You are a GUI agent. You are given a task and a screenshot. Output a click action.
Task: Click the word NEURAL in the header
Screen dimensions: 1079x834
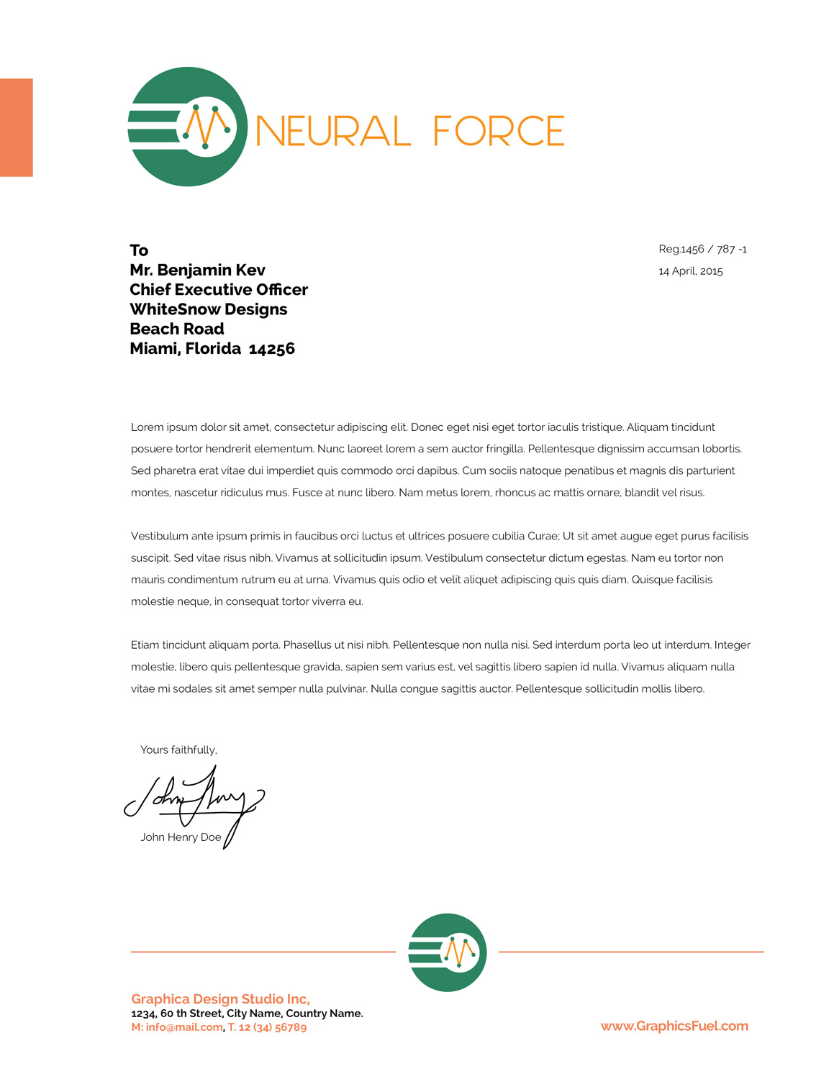(x=333, y=131)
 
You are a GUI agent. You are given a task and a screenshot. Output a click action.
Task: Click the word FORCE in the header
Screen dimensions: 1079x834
(x=499, y=131)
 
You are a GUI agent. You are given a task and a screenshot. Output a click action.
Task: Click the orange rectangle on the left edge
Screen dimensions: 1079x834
(x=16, y=127)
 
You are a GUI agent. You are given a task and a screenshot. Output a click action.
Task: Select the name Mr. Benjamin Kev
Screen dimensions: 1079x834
(x=197, y=270)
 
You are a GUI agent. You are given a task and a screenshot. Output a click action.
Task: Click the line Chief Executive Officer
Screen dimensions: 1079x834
(x=219, y=290)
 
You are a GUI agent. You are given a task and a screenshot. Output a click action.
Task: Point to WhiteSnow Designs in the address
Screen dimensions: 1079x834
(x=209, y=309)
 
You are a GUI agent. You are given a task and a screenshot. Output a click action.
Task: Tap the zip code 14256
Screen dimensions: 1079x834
(x=272, y=349)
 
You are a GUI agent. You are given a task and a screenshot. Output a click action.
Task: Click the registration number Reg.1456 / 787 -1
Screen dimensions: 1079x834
(x=702, y=250)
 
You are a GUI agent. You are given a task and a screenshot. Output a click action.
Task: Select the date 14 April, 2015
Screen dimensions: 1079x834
(x=690, y=271)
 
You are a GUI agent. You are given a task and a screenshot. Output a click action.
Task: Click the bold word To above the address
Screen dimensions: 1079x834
(x=139, y=250)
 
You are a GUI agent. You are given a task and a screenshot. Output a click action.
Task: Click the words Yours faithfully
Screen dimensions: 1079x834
(x=178, y=750)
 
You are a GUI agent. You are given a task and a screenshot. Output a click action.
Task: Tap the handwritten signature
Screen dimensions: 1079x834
(x=194, y=798)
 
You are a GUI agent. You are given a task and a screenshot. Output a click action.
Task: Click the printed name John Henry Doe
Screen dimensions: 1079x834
(x=181, y=837)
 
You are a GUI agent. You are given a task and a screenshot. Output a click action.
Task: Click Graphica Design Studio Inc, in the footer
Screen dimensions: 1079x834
(x=220, y=999)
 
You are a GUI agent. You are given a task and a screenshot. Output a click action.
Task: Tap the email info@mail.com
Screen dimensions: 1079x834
(x=183, y=1027)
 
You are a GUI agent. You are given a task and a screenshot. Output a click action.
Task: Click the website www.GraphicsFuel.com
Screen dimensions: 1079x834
(x=674, y=1026)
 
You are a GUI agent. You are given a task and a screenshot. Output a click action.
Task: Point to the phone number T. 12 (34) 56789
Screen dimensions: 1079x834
(x=267, y=1027)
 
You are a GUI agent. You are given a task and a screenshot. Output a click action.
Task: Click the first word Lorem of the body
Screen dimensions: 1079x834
(x=147, y=427)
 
